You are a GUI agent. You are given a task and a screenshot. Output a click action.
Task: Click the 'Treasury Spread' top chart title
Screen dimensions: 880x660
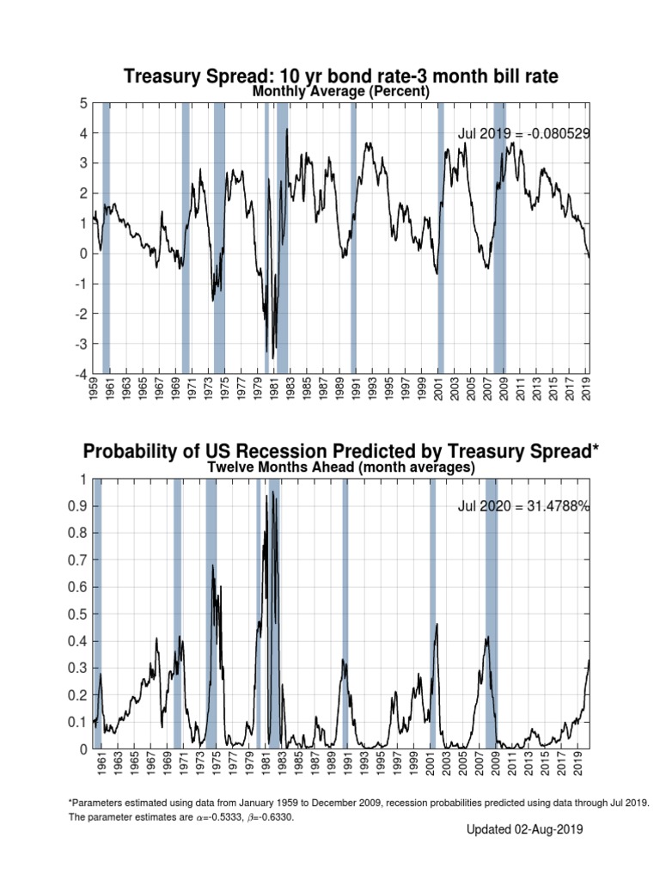pos(341,76)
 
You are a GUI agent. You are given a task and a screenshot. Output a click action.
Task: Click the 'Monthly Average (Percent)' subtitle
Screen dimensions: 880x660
pos(341,92)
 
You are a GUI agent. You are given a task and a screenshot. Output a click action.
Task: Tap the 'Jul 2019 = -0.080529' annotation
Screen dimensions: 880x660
pos(523,133)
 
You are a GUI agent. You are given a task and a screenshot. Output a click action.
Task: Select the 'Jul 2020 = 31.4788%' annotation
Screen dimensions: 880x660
pos(523,507)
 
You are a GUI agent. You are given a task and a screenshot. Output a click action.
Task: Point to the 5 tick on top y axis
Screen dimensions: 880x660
pos(84,103)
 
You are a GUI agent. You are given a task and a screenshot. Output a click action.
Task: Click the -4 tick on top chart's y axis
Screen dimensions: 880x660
pos(82,374)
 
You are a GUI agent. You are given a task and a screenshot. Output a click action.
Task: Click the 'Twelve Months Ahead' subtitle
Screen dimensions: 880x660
pos(341,467)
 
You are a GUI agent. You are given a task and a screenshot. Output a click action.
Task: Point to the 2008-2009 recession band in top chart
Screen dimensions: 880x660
pos(499,236)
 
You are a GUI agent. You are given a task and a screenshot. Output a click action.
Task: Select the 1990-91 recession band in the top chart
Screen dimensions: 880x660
pos(353,236)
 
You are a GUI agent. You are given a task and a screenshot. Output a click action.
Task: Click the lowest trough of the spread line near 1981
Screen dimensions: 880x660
pos(273,357)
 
